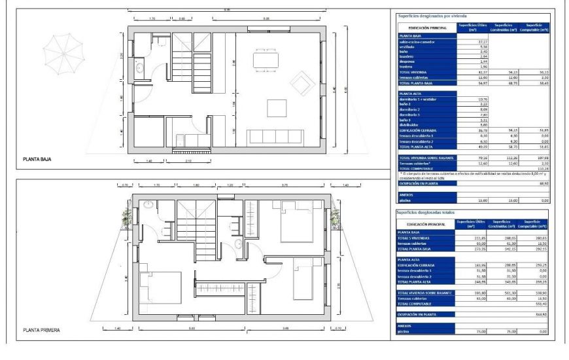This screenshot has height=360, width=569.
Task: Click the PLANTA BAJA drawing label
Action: point(37,158)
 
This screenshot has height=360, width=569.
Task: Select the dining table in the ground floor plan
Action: point(265,60)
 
